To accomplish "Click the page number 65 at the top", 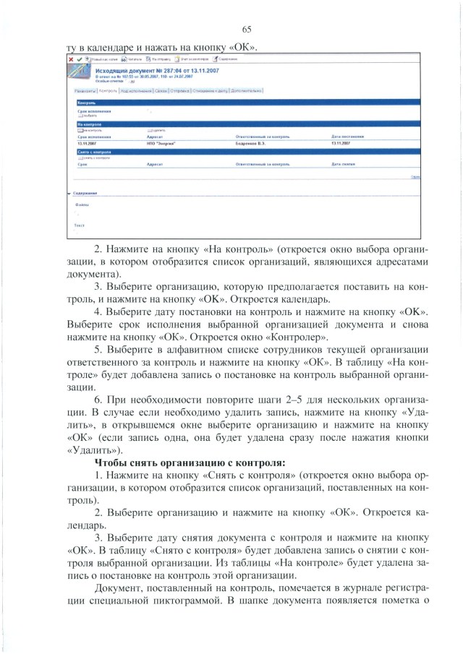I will (246, 29).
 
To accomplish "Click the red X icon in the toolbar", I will (70, 59).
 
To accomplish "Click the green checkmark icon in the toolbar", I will (78, 59).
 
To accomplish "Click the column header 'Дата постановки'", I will (347, 136).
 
